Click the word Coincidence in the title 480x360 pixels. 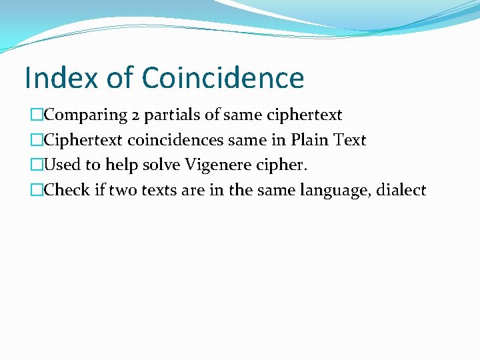click(x=223, y=77)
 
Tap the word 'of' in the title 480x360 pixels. click(x=120, y=77)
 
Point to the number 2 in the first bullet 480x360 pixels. click(x=135, y=115)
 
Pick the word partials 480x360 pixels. click(x=173, y=115)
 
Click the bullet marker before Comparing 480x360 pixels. click(x=37, y=115)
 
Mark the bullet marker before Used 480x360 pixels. click(x=37, y=165)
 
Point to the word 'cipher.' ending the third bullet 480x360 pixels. click(x=283, y=165)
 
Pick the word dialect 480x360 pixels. click(x=401, y=191)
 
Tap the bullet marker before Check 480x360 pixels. click(x=37, y=191)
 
